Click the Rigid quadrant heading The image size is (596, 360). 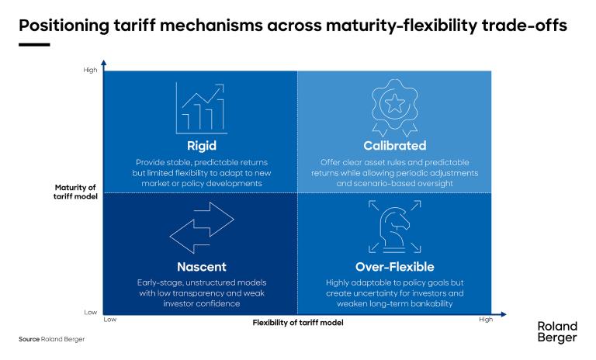200,145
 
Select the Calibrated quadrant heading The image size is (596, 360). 394,145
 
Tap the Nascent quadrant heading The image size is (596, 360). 200,267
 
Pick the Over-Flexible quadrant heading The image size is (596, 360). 394,267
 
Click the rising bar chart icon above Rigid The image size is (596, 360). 200,109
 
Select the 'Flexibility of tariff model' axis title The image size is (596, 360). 296,323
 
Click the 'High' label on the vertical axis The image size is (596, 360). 91,71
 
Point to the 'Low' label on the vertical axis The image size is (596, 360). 92,312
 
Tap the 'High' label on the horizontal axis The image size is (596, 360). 486,319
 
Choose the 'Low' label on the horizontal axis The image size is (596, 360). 109,319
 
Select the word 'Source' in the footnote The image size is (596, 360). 29,340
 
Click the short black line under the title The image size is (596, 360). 33,44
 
